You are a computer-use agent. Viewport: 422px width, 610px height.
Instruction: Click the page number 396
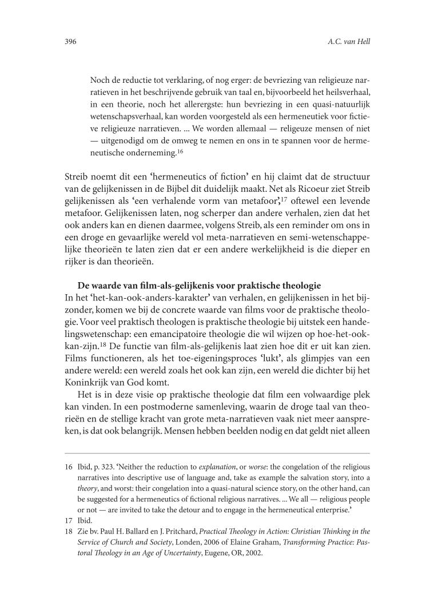point(67,42)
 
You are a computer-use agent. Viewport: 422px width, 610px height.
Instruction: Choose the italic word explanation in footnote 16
point(240,467)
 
